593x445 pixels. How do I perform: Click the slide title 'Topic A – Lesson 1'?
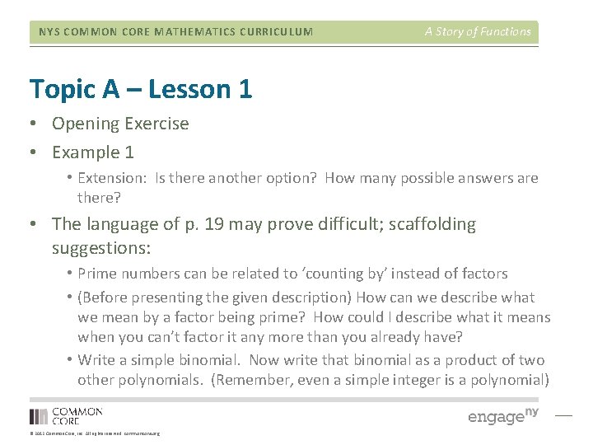pyautogui.click(x=140, y=88)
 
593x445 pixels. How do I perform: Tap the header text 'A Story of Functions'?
pyautogui.click(x=478, y=32)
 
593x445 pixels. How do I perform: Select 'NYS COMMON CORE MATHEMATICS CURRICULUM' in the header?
pyautogui.click(x=176, y=32)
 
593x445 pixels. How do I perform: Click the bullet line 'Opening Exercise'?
pyautogui.click(x=120, y=124)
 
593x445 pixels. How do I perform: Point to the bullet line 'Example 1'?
pyautogui.click(x=93, y=152)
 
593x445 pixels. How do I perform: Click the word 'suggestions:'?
pyautogui.click(x=102, y=247)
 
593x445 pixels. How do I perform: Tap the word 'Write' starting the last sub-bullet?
pyautogui.click(x=97, y=360)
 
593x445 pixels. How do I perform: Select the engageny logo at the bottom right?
pyautogui.click(x=502, y=416)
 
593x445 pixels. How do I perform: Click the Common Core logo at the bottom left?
pyautogui.click(x=66, y=416)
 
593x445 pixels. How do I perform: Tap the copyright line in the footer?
pyautogui.click(x=94, y=433)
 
